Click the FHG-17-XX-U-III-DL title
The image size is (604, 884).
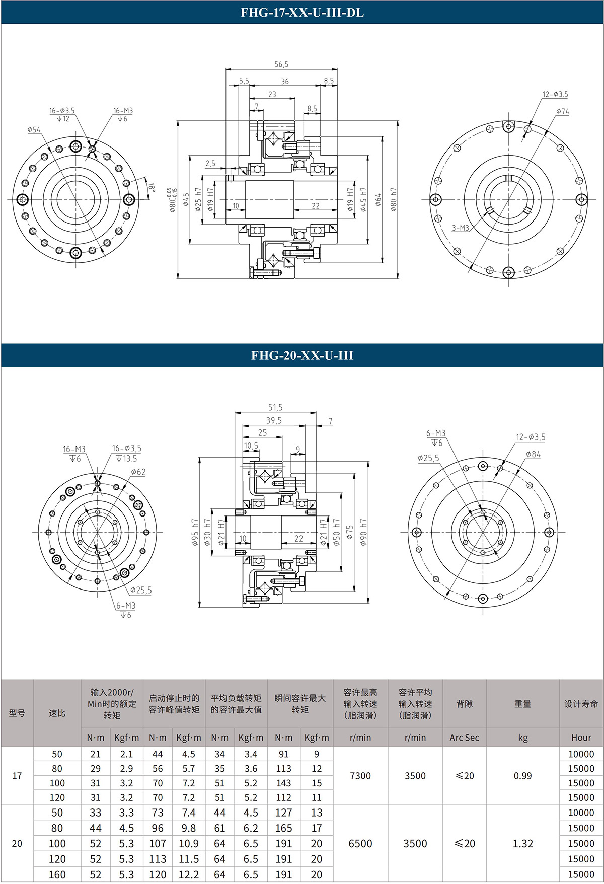pos(302,13)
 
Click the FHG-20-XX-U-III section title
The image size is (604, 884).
pos(302,355)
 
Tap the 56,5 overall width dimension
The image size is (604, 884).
pos(281,64)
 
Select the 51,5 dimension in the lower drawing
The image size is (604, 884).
pos(275,407)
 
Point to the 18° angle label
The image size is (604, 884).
pos(152,187)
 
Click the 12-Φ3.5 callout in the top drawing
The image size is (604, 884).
pos(555,94)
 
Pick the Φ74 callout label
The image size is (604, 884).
pos(563,111)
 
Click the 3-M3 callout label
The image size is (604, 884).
pos(460,228)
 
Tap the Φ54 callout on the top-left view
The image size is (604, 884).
pos(34,130)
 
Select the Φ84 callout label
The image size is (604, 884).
pos(533,454)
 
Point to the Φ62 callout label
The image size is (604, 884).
pos(138,472)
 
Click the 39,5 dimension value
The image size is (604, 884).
pos(274,420)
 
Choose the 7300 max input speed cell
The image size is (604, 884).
pos(360,776)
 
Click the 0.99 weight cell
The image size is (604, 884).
pos(522,776)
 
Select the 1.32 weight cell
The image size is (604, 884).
pos(522,843)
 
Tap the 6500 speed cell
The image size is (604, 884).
pos(360,843)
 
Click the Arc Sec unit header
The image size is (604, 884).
pos(464,738)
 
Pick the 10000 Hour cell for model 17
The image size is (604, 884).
pos(581,754)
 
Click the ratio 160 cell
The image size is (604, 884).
pos(57,875)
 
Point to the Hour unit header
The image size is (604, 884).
pos(581,738)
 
